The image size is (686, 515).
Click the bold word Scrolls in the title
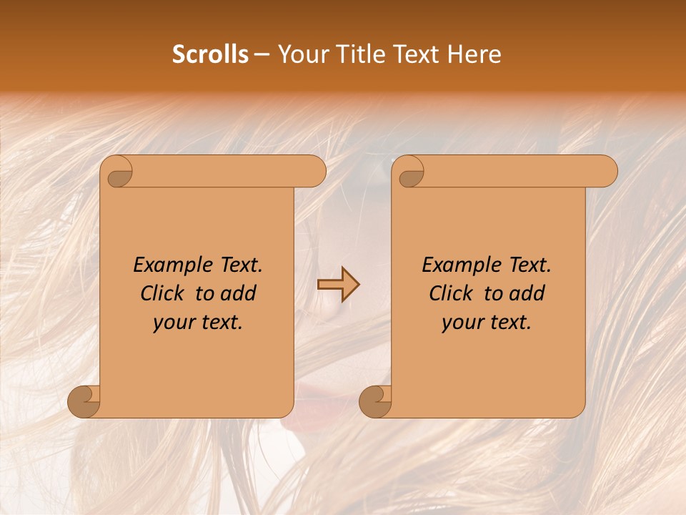point(210,54)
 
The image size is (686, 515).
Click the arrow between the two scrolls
point(338,284)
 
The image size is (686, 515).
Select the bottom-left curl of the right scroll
point(376,402)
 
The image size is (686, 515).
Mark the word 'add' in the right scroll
point(526,293)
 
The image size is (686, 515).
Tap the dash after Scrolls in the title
point(262,54)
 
